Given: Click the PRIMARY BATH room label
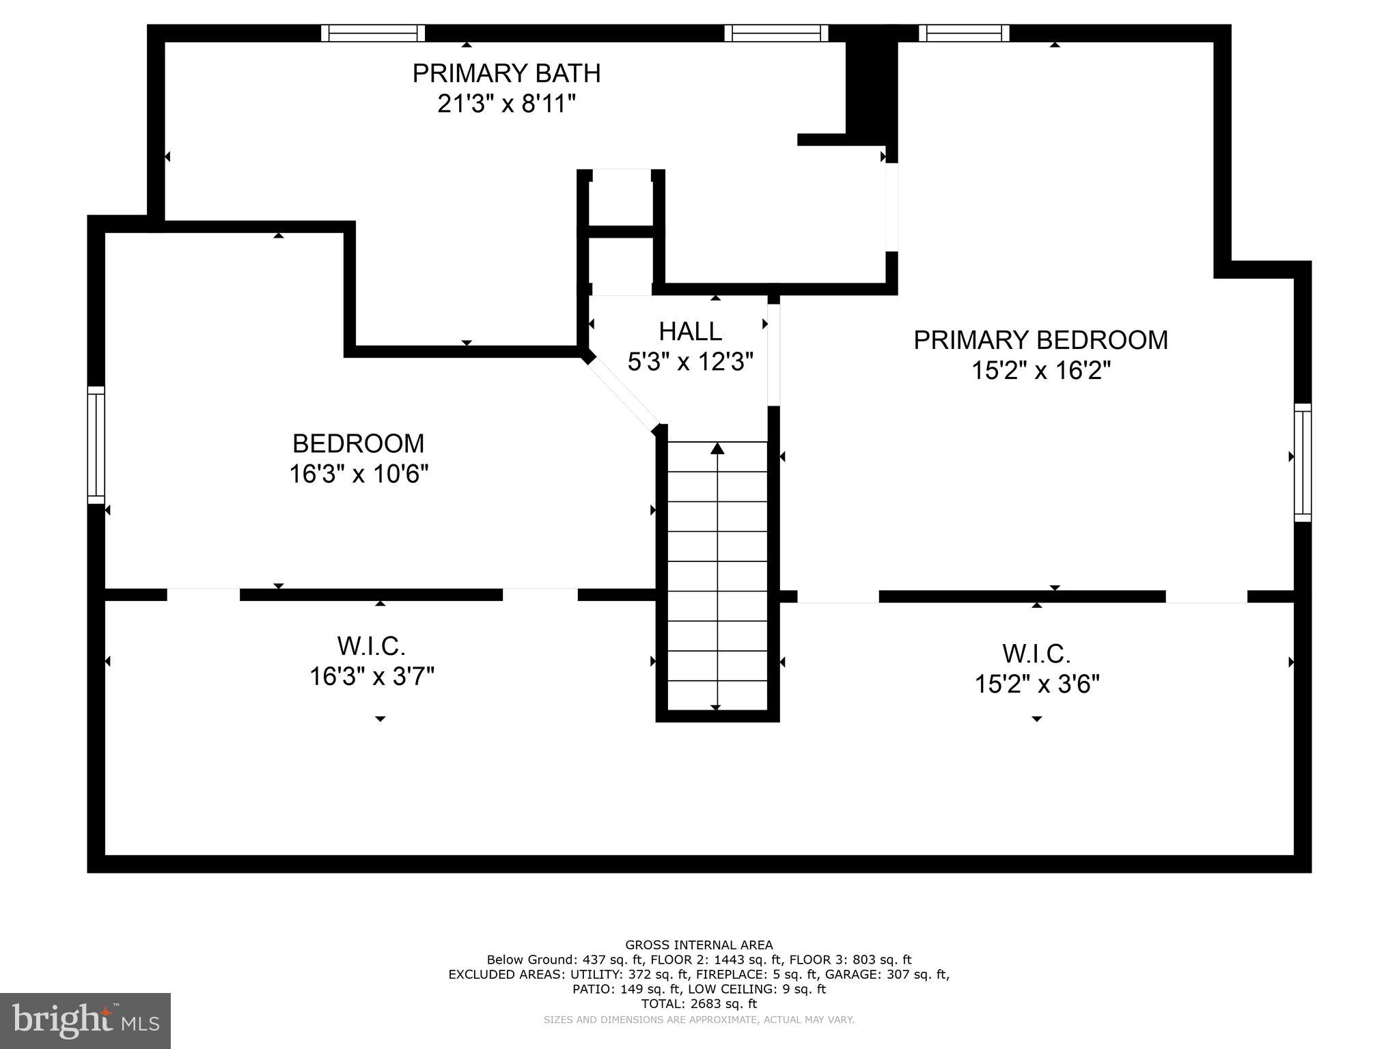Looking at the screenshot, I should tap(506, 73).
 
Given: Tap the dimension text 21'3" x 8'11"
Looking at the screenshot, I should tap(506, 104).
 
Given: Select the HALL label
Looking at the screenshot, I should tap(690, 332).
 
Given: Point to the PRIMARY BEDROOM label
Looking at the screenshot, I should tap(1040, 340).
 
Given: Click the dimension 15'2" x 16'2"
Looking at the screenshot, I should tap(1040, 371).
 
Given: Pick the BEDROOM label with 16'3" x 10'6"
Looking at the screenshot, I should tap(358, 444).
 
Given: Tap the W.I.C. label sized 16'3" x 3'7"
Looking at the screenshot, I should tap(371, 645).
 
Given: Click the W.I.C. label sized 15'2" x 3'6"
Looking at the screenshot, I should tap(1036, 654).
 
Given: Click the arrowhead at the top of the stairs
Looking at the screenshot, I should tap(717, 449).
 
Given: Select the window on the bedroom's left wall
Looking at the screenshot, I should tap(96, 445).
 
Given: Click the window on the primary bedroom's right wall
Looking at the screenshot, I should tap(1303, 462).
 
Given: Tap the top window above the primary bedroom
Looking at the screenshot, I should tap(964, 33).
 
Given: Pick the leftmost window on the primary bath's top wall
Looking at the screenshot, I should tap(373, 33).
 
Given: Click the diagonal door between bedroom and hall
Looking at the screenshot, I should tap(623, 393).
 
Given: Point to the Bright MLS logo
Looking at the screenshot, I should tap(85, 1021).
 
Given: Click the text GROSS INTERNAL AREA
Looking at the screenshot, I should tap(699, 945).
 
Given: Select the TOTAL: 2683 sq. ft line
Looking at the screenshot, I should tap(699, 1004).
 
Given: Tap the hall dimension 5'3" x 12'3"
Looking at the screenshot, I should tap(690, 362).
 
